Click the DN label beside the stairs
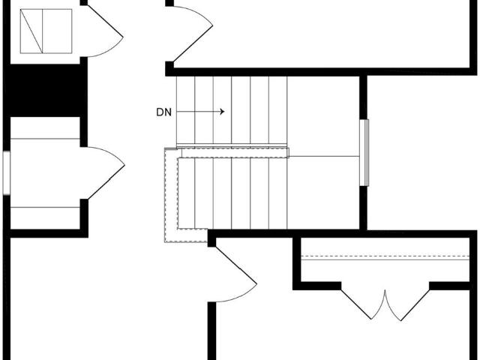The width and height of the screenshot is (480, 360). (163, 112)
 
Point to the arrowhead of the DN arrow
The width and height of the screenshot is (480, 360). (223, 112)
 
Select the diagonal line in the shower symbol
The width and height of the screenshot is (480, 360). (31, 31)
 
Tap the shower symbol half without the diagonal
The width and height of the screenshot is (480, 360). (57, 31)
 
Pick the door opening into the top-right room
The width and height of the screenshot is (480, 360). (193, 34)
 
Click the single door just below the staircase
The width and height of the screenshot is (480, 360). (235, 274)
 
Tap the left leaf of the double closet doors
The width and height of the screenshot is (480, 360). (363, 304)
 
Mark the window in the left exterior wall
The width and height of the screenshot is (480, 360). (7, 173)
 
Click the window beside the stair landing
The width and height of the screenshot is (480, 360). (364, 153)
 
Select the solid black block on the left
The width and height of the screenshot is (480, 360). (45, 90)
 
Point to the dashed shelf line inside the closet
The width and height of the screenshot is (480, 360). (385, 256)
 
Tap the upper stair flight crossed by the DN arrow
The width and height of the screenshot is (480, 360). (232, 110)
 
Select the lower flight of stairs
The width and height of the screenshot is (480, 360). (232, 193)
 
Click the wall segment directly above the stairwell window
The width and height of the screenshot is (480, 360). (363, 97)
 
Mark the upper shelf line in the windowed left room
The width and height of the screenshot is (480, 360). (45, 139)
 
